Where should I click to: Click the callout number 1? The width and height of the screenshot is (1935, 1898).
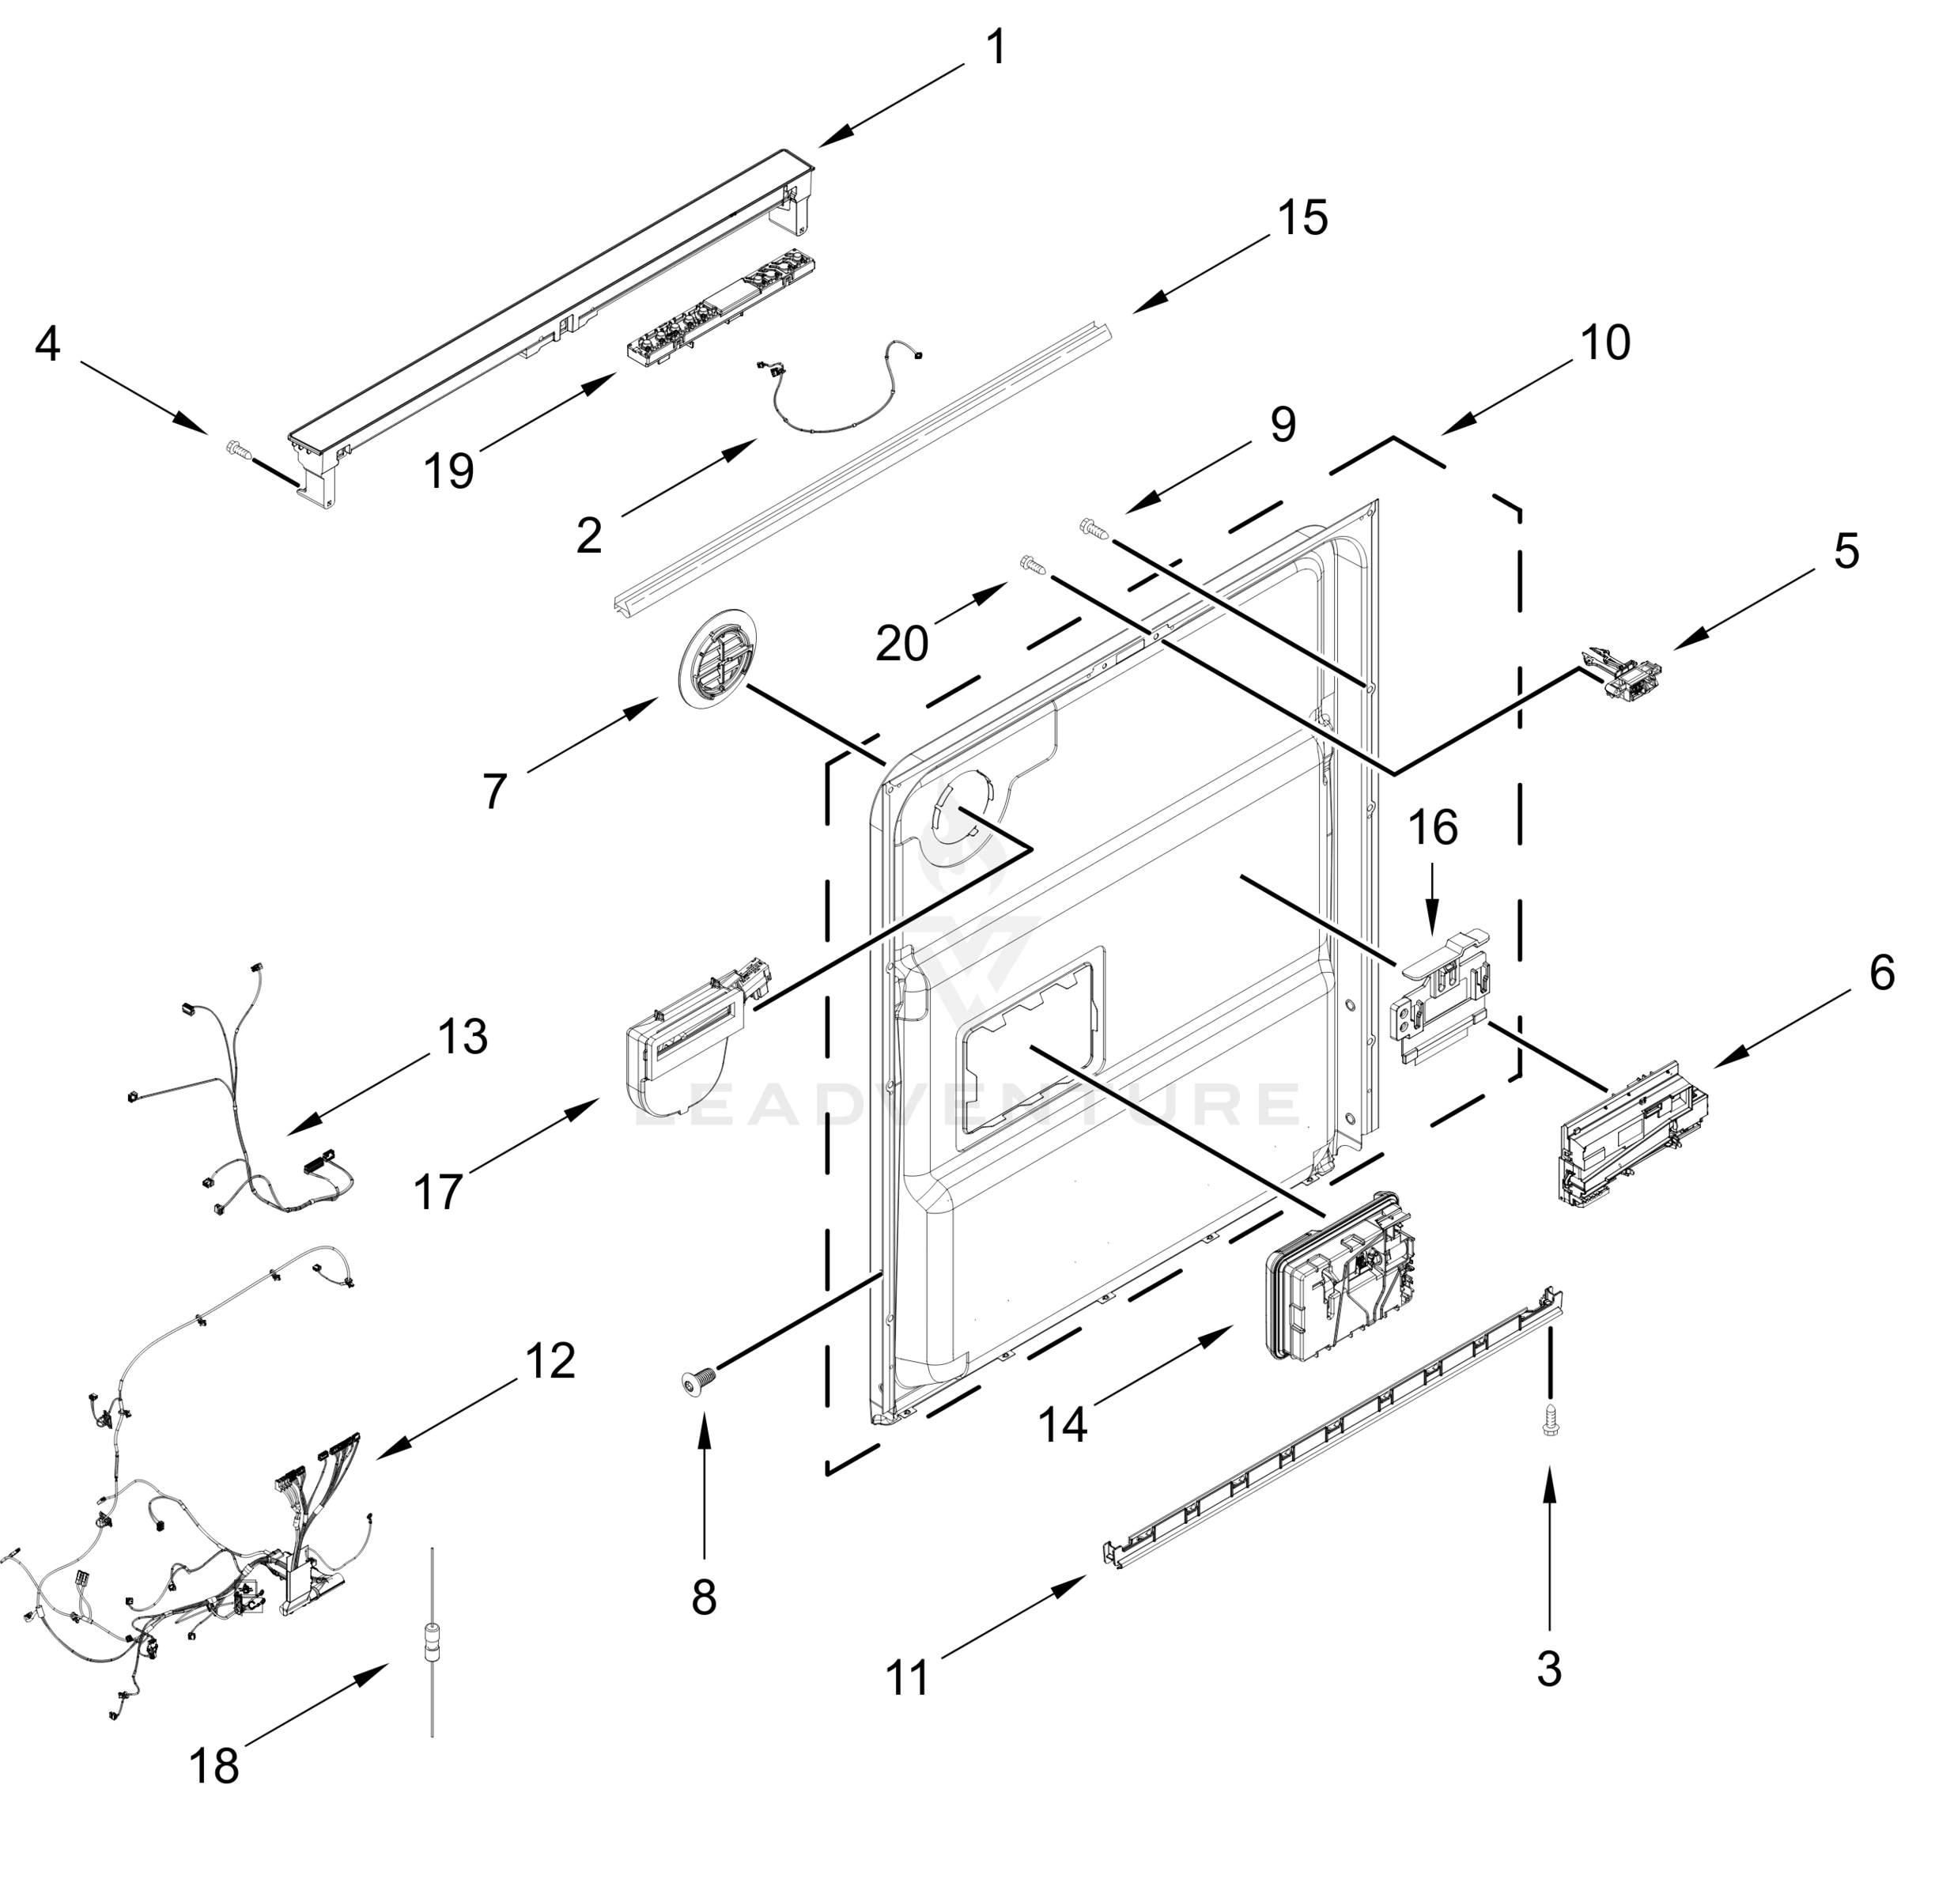click(996, 48)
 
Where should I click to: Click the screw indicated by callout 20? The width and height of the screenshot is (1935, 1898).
click(1034, 566)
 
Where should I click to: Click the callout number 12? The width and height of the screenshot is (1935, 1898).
click(550, 1361)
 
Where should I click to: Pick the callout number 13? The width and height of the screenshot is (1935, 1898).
click(463, 1037)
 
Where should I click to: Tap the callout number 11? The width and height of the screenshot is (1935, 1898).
click(907, 1677)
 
